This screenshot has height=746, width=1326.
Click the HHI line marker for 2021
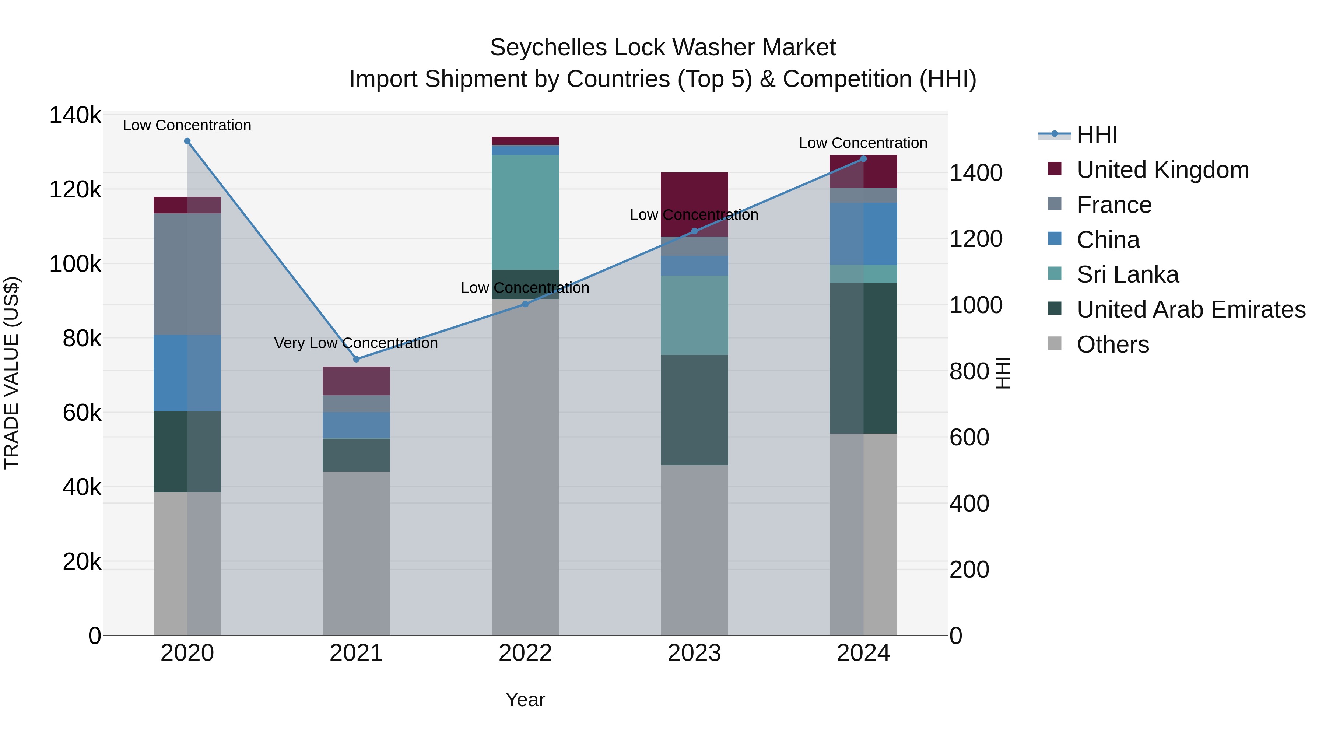(x=356, y=359)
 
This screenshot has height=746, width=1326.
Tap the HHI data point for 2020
(x=187, y=141)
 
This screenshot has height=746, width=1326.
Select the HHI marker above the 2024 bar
(x=863, y=159)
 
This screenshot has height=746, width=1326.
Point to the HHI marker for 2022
(x=525, y=304)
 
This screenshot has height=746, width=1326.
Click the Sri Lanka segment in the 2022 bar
(x=525, y=212)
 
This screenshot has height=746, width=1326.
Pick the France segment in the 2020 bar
(x=187, y=274)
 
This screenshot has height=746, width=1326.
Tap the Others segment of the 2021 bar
(x=356, y=553)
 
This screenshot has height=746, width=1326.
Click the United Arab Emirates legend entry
(x=1190, y=309)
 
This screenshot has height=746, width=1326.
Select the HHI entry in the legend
(x=1097, y=135)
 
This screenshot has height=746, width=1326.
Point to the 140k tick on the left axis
(x=75, y=115)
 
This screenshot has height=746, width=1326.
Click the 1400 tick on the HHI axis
(x=975, y=173)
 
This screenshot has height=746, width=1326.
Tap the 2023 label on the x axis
(x=694, y=653)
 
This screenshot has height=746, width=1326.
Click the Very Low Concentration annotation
(x=356, y=343)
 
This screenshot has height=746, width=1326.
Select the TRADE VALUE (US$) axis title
(x=12, y=373)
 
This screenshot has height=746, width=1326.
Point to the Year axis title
(x=525, y=700)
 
